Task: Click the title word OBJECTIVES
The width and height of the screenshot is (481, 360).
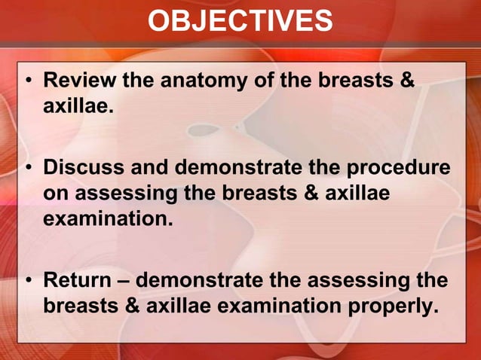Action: pyautogui.click(x=240, y=21)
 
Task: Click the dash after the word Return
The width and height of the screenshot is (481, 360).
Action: pyautogui.click(x=124, y=282)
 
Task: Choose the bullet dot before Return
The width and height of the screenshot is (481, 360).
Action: pyautogui.click(x=28, y=282)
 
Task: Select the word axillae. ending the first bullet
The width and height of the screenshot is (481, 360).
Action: pyautogui.click(x=78, y=106)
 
